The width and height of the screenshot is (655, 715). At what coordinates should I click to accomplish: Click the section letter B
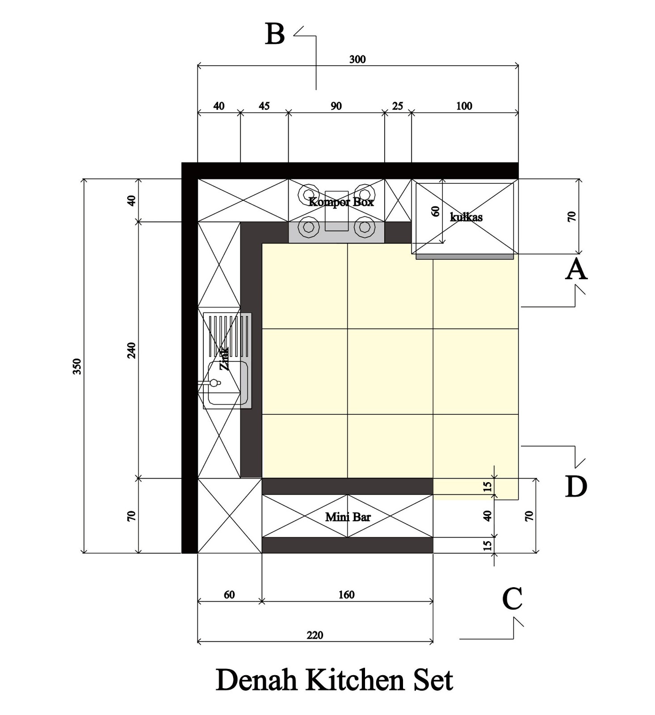coord(275,34)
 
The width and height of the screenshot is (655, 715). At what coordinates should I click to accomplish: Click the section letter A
coord(576,269)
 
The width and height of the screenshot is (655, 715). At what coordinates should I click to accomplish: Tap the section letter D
coord(576,486)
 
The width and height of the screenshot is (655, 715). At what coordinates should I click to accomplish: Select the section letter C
coord(512,598)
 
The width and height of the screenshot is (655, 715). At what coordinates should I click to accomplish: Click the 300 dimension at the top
coord(357,59)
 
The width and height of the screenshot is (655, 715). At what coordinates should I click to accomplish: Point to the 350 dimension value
coord(77,366)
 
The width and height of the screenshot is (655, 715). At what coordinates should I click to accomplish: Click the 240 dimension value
coord(131,350)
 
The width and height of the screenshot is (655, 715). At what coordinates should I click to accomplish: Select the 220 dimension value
coord(315,635)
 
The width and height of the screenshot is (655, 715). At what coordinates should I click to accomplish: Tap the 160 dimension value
coord(346,595)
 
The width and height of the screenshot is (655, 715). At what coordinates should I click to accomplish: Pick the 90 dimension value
coord(336,106)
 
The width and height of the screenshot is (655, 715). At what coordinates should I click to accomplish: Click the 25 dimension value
coord(398,106)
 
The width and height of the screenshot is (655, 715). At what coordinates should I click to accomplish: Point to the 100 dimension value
coord(464,106)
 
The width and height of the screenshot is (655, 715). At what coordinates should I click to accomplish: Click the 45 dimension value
coord(264,106)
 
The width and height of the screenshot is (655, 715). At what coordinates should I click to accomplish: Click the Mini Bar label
coord(348,517)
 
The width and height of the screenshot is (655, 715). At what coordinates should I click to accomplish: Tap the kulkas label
coord(466,217)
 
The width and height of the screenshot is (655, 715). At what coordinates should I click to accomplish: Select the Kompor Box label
coord(341,202)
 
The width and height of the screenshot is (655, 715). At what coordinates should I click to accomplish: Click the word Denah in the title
coord(256,680)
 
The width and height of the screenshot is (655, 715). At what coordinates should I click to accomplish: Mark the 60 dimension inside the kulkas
coord(436,211)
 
